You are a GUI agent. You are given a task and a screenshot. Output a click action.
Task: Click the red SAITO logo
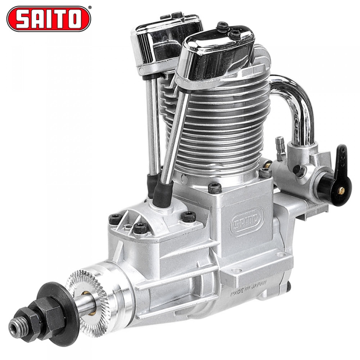click(48, 19)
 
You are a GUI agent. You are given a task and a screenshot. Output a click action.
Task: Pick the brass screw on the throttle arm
click(341, 191)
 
